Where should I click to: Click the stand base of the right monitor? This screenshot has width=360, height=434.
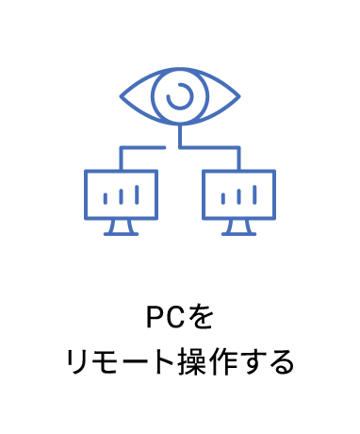click(x=239, y=232)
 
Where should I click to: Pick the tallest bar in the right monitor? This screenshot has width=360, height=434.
click(x=255, y=194)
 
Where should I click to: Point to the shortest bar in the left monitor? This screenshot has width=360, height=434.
click(x=104, y=199)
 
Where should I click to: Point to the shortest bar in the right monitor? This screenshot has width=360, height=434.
click(x=224, y=199)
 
